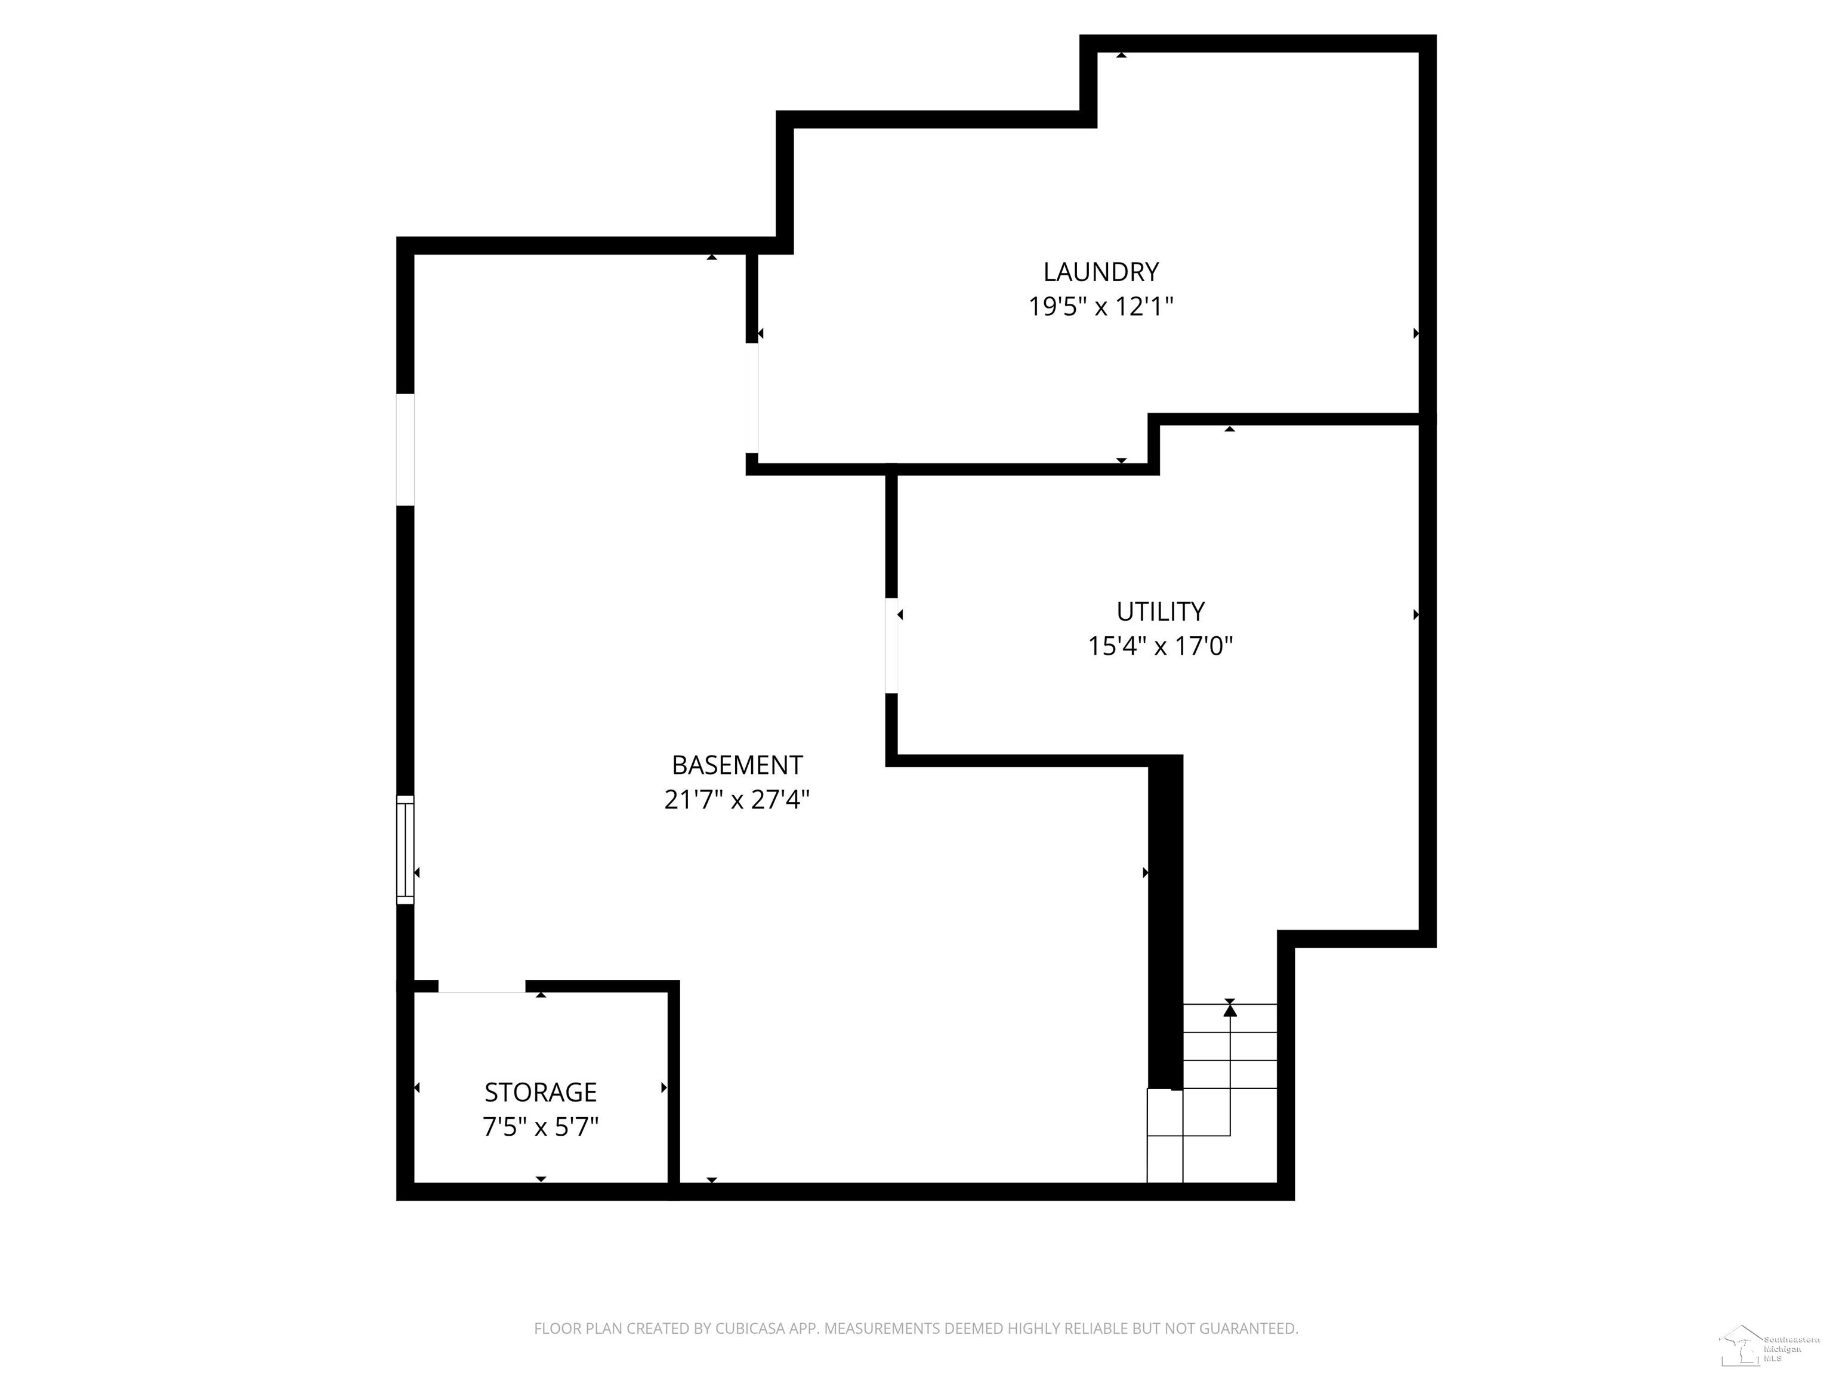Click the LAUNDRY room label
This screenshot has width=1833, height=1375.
(1100, 272)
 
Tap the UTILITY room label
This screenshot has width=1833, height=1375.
(1160, 612)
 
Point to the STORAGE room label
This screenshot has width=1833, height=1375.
(540, 1092)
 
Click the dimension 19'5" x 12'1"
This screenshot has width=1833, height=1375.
(1100, 307)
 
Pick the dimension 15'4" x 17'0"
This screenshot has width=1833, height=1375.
(1160, 646)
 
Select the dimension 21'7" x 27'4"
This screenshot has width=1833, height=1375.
(737, 800)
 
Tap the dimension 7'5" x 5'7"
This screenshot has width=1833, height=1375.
(540, 1127)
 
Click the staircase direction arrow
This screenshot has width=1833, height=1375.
(1230, 1010)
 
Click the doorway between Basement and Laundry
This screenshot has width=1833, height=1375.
(752, 398)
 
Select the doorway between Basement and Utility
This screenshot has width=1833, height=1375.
(891, 645)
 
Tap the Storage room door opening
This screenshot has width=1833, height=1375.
(482, 987)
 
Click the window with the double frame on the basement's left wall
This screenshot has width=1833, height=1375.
(405, 850)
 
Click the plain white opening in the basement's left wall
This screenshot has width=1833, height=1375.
(405, 449)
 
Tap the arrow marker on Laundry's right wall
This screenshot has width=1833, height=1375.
(1415, 333)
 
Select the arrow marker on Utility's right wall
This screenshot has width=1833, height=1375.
(1415, 615)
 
